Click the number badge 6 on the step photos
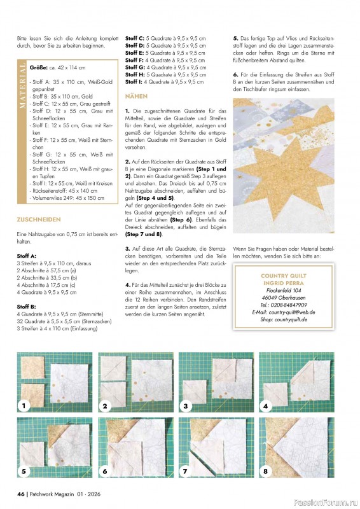click(105, 471)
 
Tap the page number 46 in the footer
click(21, 494)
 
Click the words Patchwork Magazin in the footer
click(53, 494)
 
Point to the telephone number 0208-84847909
click(287, 305)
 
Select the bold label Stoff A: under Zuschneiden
click(28, 255)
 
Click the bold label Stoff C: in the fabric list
click(135, 39)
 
